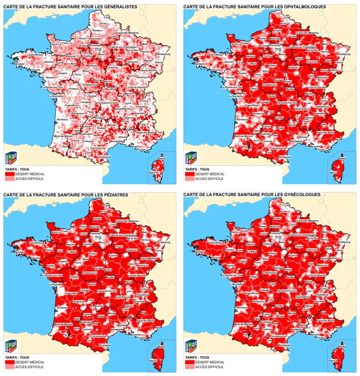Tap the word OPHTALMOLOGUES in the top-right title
coord(305,7)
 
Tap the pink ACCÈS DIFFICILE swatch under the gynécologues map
coord(190,367)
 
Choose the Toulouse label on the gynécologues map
coord(267,329)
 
